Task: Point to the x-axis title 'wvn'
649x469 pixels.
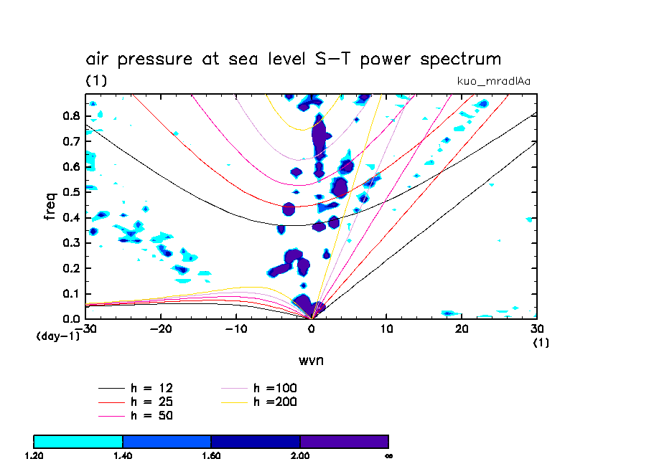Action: pos(311,360)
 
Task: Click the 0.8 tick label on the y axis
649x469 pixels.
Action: pos(71,116)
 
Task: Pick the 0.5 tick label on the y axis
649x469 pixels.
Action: pos(71,192)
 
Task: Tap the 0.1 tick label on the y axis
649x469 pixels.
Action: pos(71,293)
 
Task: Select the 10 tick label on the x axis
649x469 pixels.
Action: pos(386,330)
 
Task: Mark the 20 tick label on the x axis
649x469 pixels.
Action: pos(462,330)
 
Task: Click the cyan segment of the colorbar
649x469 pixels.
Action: pos(78,441)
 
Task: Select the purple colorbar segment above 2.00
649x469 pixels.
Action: pos(344,441)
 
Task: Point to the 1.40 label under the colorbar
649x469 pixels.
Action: pos(123,455)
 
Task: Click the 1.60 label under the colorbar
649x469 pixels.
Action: pos(211,455)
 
